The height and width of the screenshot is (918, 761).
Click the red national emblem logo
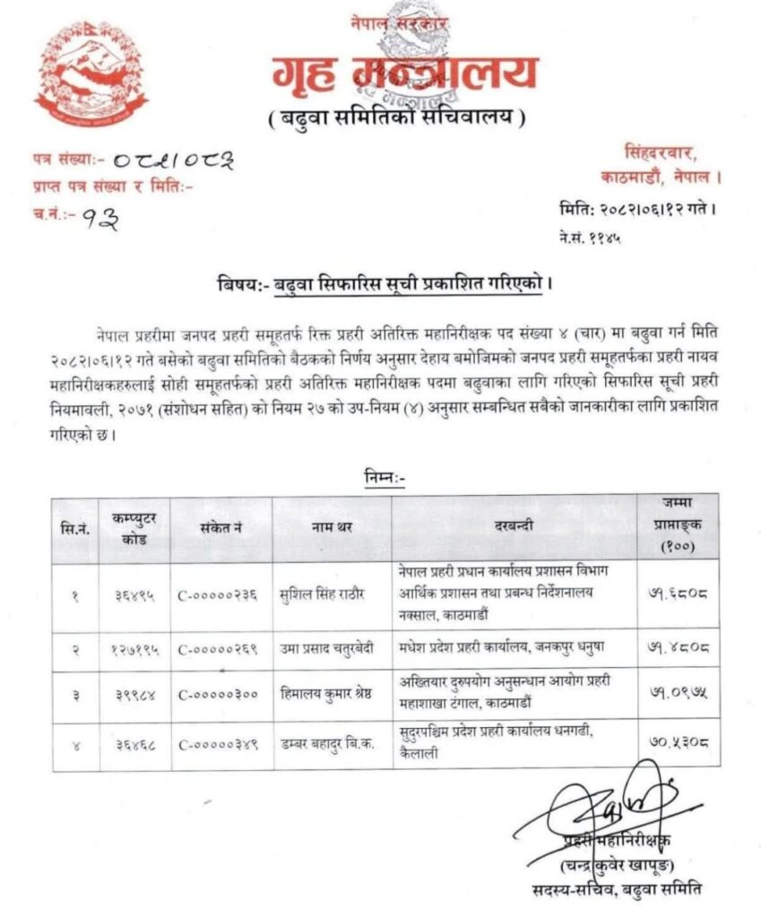tap(91, 73)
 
